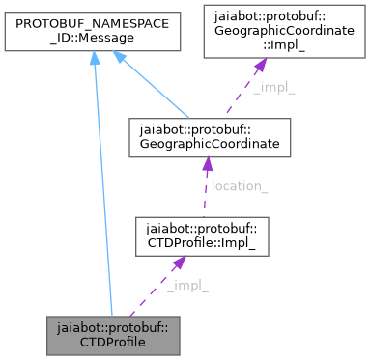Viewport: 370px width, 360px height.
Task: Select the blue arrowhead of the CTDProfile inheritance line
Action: click(x=93, y=61)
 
